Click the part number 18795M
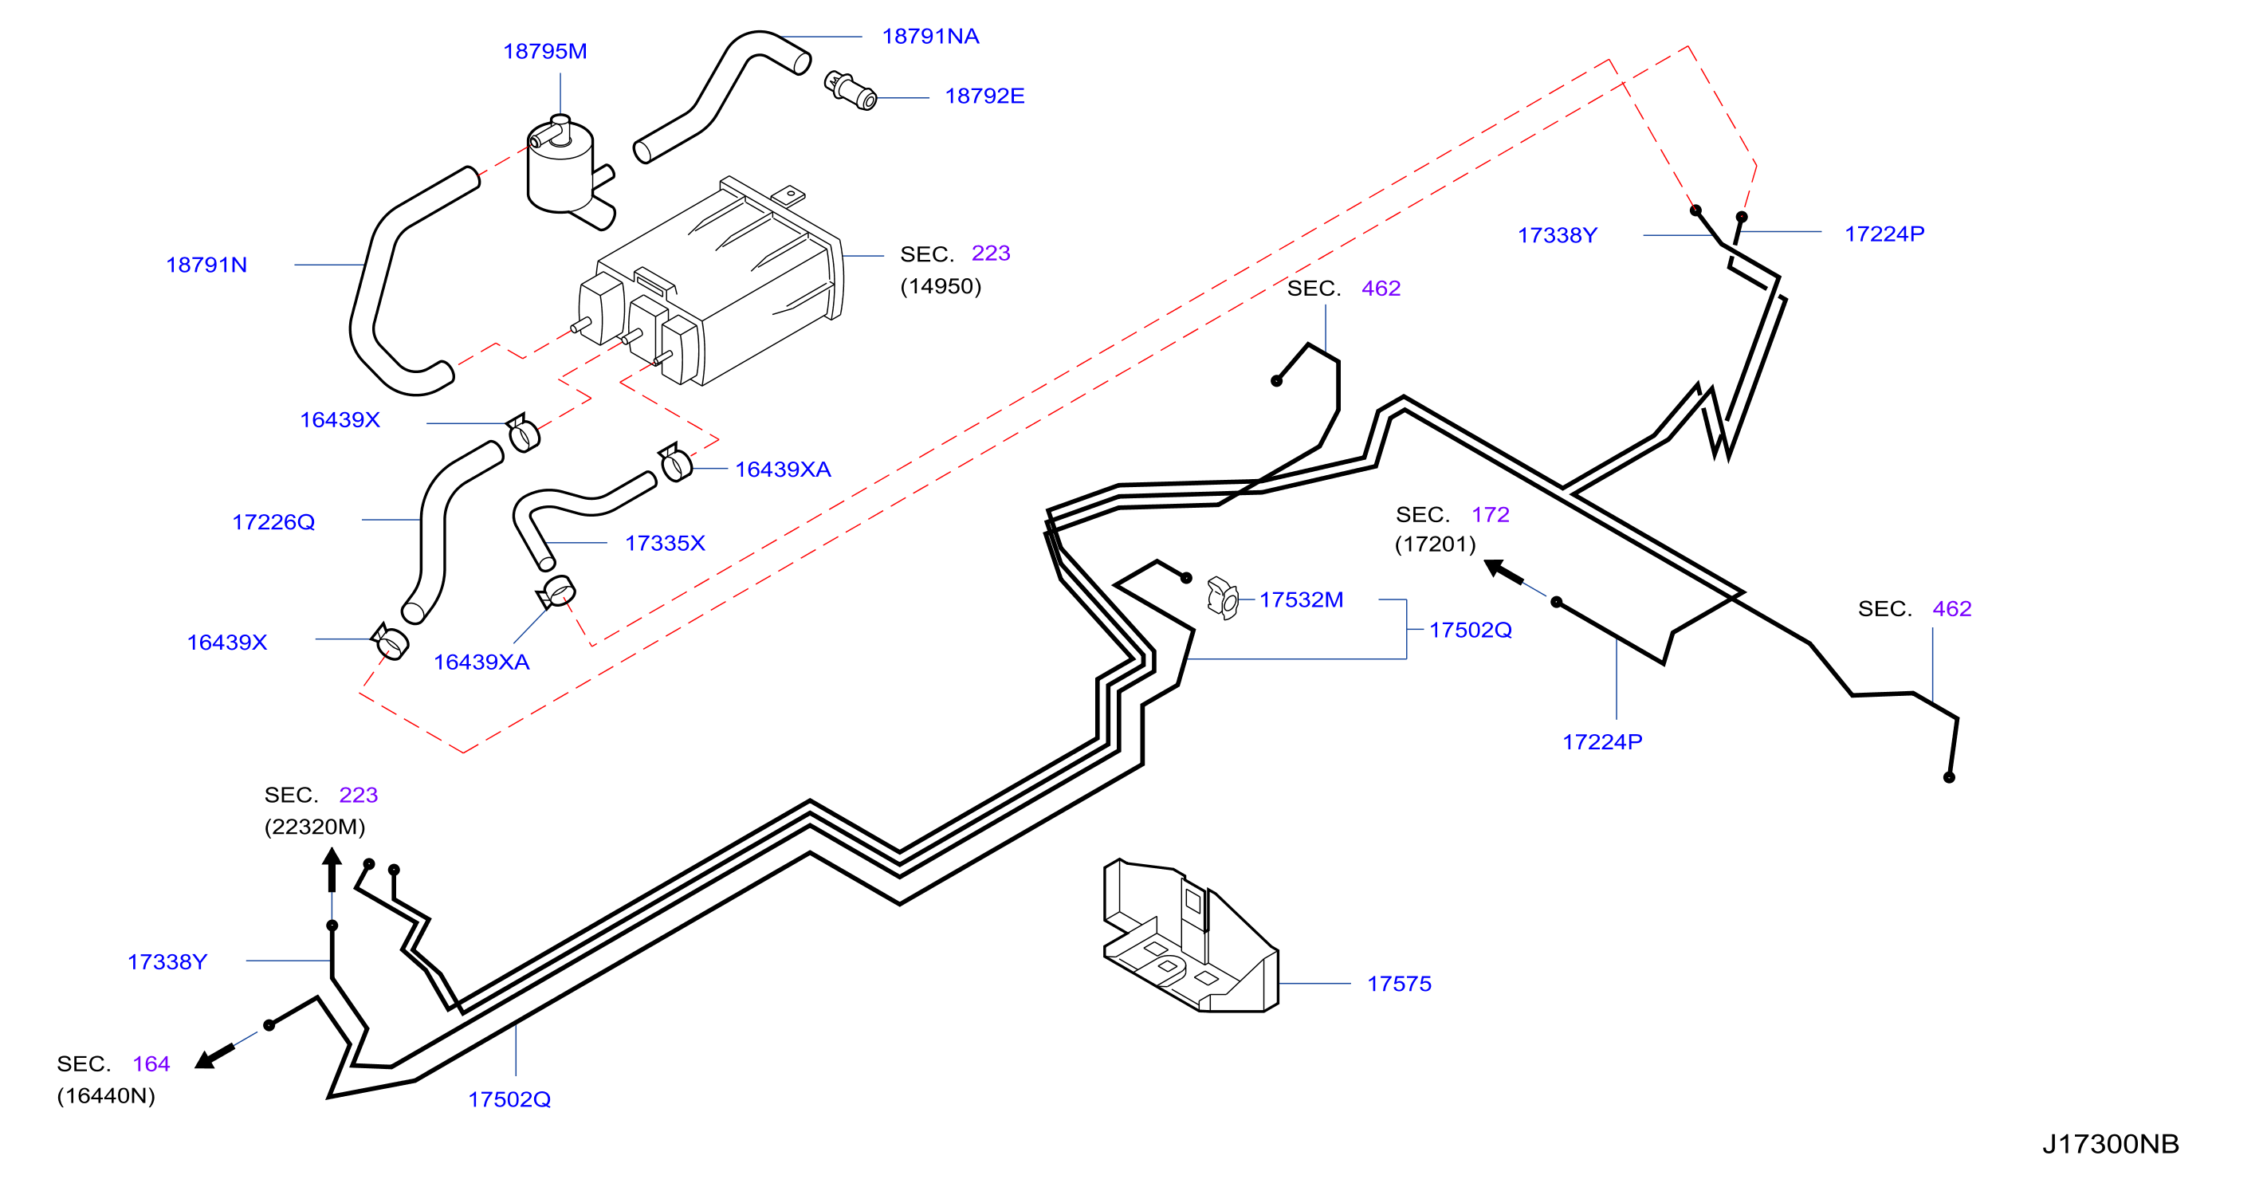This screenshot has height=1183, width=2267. [544, 51]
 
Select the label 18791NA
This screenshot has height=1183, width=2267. [930, 36]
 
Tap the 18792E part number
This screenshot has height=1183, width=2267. [984, 96]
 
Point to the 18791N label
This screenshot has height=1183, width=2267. [206, 265]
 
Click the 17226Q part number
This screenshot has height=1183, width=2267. [273, 522]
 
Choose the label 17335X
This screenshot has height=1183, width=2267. [665, 543]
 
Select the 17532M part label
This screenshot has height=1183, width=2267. [1301, 599]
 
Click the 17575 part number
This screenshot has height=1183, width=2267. [1398, 984]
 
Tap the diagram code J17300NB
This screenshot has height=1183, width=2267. [2110, 1143]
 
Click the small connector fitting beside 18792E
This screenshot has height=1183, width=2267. [850, 91]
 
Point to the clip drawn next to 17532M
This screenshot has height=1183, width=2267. [1224, 599]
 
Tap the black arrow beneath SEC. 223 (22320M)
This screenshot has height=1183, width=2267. [332, 870]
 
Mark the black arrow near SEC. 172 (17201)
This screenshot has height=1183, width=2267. [1503, 572]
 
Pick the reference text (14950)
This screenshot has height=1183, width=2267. [940, 286]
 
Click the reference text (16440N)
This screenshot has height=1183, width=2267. [105, 1096]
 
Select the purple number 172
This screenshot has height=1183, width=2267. [1490, 515]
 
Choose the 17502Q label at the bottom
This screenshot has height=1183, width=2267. [509, 1099]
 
